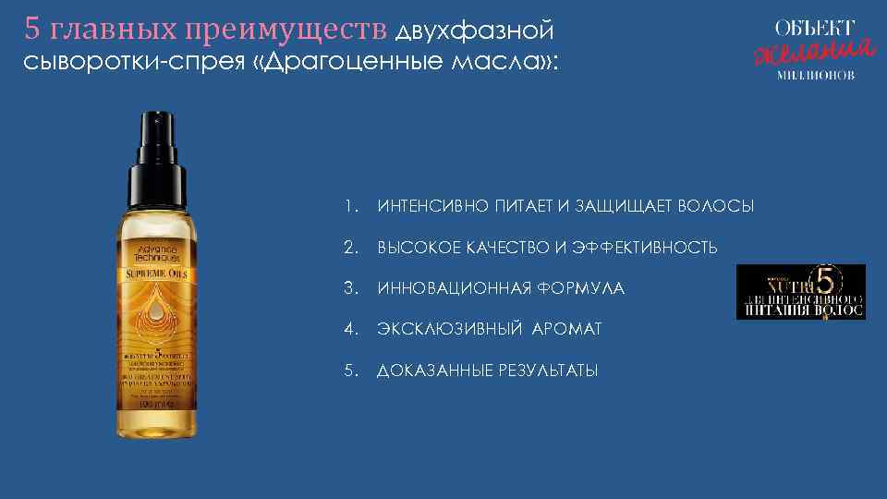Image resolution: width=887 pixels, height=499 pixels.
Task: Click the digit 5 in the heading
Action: (32, 30)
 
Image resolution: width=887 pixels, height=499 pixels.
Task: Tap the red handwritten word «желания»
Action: (812, 50)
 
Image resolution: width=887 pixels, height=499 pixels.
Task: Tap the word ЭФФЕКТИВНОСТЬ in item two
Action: (645, 248)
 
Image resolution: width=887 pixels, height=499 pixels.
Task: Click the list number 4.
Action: (348, 329)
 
